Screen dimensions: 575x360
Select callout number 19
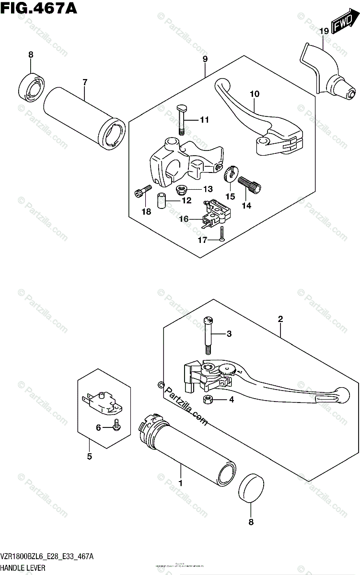pyautogui.click(x=324, y=31)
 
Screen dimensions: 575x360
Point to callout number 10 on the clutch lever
pyautogui.click(x=254, y=94)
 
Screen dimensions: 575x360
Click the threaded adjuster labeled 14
pyautogui.click(x=250, y=184)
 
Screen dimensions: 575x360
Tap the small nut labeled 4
pyautogui.click(x=209, y=400)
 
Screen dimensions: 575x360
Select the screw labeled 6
pyautogui.click(x=116, y=424)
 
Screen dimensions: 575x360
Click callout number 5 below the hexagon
pyautogui.click(x=89, y=456)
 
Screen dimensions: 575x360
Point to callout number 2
pyautogui.click(x=280, y=319)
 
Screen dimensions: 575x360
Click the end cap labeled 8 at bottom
pyautogui.click(x=252, y=488)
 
